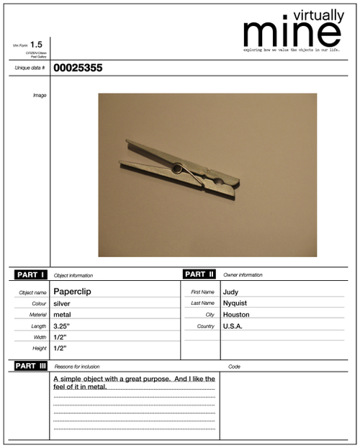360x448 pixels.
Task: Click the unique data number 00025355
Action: coord(78,68)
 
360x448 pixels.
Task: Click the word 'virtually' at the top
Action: coord(318,14)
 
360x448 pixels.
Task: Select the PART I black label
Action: coord(30,275)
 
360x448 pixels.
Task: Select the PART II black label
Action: coord(199,274)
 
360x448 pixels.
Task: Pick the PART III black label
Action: coord(31,366)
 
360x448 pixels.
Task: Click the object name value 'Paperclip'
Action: coord(72,292)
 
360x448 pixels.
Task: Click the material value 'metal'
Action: coord(62,315)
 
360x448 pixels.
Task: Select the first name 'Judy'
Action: coord(230,292)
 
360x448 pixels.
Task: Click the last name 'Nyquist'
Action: coord(235,303)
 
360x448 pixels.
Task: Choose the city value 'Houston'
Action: coord(235,315)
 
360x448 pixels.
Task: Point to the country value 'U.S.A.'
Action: coord(233,326)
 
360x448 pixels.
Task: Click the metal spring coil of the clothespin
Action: coord(177,169)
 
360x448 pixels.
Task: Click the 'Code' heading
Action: coord(234,367)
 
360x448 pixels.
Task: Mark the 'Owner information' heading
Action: coord(243,275)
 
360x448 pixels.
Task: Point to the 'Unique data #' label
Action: coord(30,68)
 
